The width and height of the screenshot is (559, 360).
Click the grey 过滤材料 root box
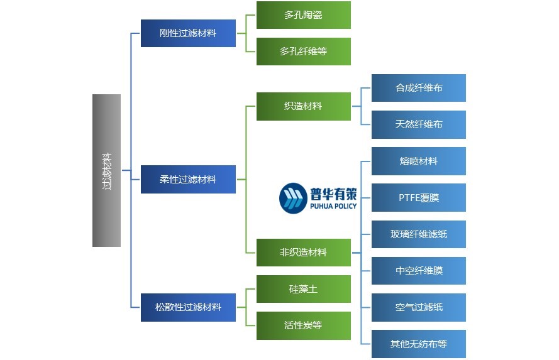[106, 170]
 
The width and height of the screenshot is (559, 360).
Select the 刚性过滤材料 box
[188, 33]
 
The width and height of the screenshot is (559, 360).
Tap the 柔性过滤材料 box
[188, 179]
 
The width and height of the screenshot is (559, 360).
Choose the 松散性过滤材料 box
[188, 307]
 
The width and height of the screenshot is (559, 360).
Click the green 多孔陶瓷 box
[303, 15]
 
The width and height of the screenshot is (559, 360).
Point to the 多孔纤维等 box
[303, 52]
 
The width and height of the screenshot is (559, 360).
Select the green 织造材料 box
[303, 106]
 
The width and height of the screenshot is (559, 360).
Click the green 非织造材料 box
[303, 253]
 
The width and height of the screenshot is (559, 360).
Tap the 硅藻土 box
[303, 289]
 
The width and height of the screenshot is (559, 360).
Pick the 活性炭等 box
[303, 325]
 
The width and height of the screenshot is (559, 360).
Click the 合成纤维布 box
[418, 88]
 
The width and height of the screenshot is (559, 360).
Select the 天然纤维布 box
[418, 124]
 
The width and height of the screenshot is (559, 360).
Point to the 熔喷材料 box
[418, 161]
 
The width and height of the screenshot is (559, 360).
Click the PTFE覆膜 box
[418, 197]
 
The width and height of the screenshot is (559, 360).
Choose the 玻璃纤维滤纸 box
[418, 234]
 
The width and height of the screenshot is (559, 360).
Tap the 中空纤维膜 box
[418, 271]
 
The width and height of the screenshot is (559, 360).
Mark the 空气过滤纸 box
[418, 307]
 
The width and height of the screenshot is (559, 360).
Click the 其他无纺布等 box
[418, 344]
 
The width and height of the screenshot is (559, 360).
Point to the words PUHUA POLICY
[333, 206]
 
